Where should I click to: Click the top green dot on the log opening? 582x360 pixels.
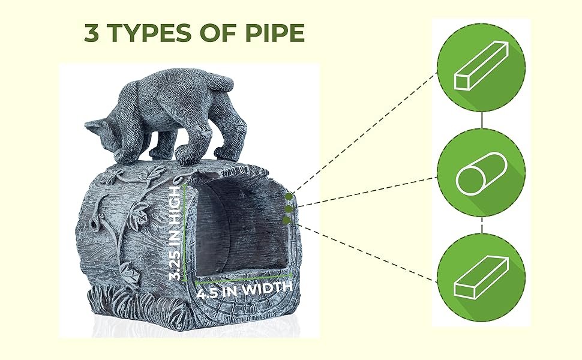289,196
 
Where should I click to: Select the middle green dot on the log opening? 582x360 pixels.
288,209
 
